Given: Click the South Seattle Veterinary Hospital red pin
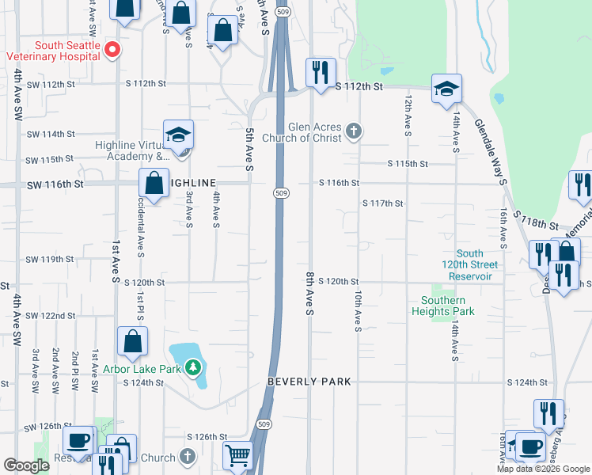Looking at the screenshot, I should click(x=112, y=49).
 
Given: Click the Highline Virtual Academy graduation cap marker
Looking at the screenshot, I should click(x=178, y=135).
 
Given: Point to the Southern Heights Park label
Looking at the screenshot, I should click(x=443, y=306).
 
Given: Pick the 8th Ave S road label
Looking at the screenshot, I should click(x=309, y=293).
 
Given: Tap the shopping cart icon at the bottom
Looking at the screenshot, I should click(x=238, y=456).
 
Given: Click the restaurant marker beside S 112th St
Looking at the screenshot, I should click(x=321, y=72).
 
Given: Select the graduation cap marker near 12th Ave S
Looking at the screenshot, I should click(x=446, y=89).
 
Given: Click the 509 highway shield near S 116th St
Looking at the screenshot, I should click(x=282, y=193).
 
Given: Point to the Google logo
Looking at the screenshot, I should click(x=26, y=465).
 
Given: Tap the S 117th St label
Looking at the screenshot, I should click(x=383, y=203).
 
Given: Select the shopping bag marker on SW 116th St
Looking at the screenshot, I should click(x=153, y=183).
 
